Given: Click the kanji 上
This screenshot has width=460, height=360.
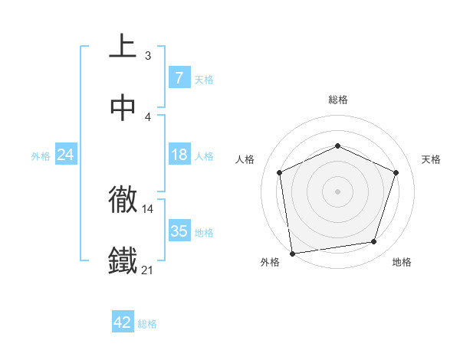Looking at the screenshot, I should click(123, 47).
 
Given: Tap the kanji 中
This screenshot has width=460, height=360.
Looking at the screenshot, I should click(123, 109).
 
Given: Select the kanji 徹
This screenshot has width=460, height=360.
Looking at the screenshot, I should click(123, 200).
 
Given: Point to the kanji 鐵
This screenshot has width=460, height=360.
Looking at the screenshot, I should click(123, 260).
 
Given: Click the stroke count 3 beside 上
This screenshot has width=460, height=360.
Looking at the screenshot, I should click(148, 55).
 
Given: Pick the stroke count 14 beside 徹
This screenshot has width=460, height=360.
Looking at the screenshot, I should click(148, 208).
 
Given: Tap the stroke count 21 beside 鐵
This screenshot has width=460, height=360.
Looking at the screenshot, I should click(148, 270).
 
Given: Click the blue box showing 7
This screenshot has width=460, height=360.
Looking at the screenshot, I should click(179, 78).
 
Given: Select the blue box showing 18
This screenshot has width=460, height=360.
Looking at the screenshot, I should click(179, 155).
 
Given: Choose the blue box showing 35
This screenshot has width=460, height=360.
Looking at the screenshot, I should click(179, 231).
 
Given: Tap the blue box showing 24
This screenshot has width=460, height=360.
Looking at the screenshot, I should click(65, 155).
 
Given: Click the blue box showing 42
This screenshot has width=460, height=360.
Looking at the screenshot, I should click(123, 323).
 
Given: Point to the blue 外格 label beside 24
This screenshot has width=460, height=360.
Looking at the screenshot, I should click(41, 155).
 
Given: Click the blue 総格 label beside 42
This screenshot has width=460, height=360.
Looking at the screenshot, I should click(147, 324).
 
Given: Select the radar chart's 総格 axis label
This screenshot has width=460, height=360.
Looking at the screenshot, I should click(338, 100).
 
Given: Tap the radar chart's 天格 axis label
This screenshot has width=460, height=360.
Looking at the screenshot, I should click(432, 159).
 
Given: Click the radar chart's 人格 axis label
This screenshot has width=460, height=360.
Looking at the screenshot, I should click(245, 159).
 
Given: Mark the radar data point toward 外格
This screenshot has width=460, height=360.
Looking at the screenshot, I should click(292, 252).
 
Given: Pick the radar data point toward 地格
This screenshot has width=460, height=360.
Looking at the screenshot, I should click(374, 242).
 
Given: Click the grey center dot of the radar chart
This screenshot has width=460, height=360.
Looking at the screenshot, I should click(338, 191).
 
